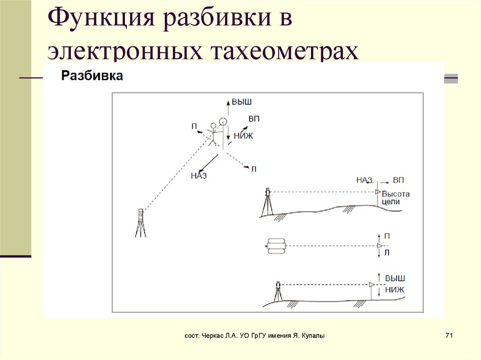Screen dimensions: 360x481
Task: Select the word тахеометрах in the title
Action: coord(281,51)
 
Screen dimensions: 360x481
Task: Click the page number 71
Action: coord(448,336)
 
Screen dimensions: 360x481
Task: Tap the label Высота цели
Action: coord(396,198)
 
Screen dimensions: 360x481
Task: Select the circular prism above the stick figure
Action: coord(223,121)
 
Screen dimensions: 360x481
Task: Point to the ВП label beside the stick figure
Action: coord(254,119)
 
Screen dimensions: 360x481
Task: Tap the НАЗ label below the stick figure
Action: coord(199,176)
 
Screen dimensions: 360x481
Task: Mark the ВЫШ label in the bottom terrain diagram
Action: coord(395,278)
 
